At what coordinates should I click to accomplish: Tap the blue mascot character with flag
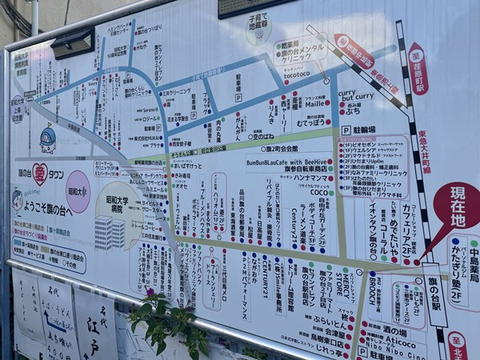point(48,139)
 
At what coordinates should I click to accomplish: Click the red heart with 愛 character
point(40,174)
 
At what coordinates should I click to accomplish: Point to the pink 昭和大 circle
point(78,190)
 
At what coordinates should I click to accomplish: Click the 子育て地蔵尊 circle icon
point(258,30)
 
